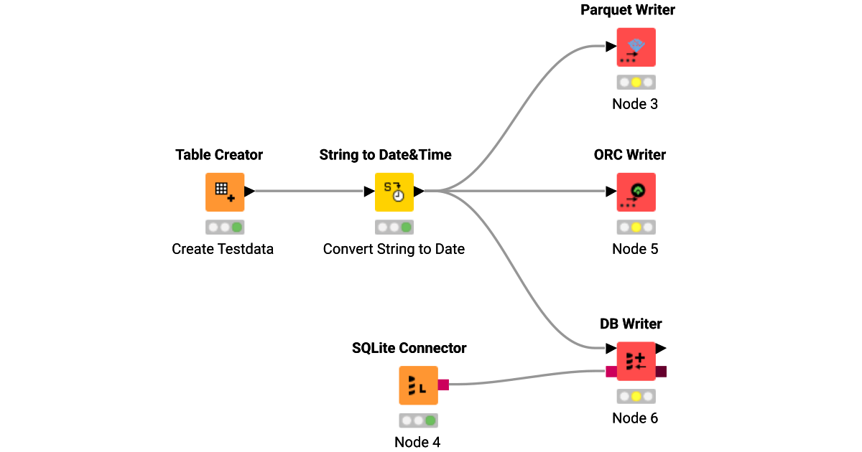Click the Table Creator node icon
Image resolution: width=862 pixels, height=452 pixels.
pyautogui.click(x=225, y=192)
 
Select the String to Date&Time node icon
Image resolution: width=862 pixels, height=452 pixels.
pyautogui.click(x=394, y=192)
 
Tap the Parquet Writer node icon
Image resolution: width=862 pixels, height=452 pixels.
pyautogui.click(x=636, y=47)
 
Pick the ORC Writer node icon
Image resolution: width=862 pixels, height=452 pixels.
pyautogui.click(x=636, y=192)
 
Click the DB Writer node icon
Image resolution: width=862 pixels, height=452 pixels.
pyautogui.click(x=636, y=361)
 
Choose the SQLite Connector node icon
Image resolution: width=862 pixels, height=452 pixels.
pyautogui.click(x=418, y=385)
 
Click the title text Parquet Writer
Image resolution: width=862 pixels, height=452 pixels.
pyautogui.click(x=628, y=10)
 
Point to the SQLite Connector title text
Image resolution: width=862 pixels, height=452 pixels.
pyautogui.click(x=409, y=348)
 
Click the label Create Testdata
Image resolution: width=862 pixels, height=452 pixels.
pyautogui.click(x=223, y=249)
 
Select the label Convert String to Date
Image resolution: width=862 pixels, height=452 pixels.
pyautogui.click(x=394, y=249)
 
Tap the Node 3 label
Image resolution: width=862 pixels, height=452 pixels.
pyautogui.click(x=635, y=104)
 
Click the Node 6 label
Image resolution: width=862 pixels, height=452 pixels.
pyautogui.click(x=635, y=418)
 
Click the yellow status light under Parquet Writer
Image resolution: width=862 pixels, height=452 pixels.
pyautogui.click(x=636, y=83)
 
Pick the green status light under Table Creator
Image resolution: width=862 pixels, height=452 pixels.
pyautogui.click(x=236, y=227)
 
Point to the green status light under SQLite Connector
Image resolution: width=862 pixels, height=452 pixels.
pyautogui.click(x=430, y=420)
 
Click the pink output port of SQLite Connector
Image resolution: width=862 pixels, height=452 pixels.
pyautogui.click(x=443, y=385)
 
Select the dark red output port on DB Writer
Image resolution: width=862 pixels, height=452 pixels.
pyautogui.click(x=661, y=371)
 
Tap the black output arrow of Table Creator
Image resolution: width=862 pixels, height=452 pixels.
pyautogui.click(x=249, y=192)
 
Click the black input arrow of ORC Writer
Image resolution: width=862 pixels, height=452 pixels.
pyautogui.click(x=611, y=192)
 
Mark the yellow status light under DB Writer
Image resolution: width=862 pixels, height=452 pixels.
pyautogui.click(x=636, y=396)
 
